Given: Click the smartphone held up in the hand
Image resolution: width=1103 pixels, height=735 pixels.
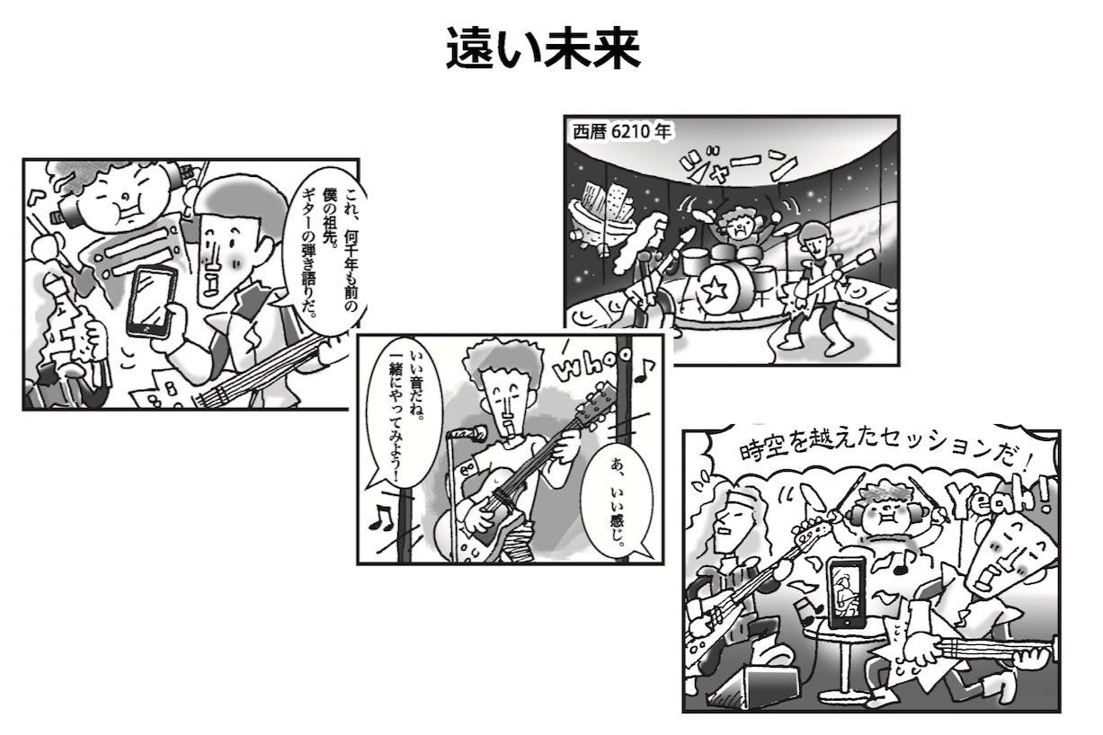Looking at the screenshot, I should tap(150, 300).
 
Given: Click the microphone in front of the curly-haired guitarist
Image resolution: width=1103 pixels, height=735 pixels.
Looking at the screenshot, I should tap(468, 434).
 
